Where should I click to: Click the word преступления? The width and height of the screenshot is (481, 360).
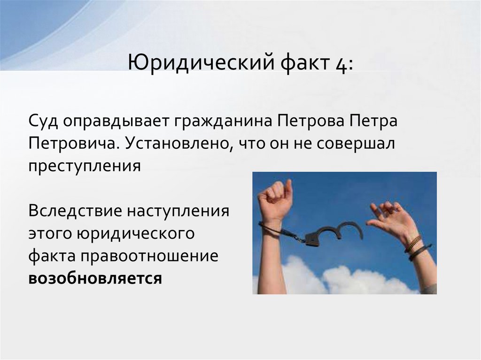(x=85, y=166)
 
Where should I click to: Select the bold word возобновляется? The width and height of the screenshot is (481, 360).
(x=95, y=277)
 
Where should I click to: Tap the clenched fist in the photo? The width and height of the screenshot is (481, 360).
(x=275, y=198)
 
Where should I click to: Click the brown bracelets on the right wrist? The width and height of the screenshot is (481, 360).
(x=415, y=246)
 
